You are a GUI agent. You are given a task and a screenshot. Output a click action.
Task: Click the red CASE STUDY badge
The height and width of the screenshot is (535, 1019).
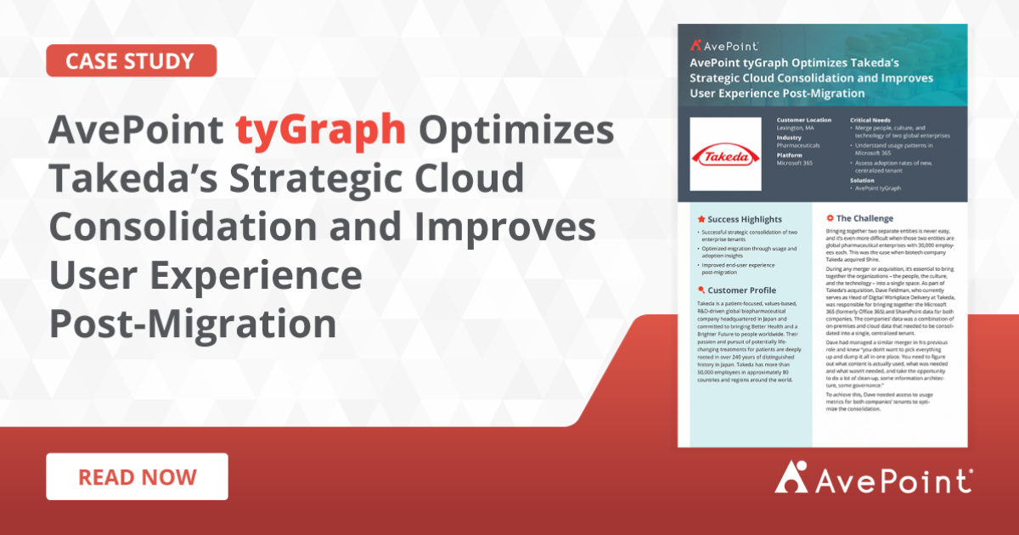(131, 61)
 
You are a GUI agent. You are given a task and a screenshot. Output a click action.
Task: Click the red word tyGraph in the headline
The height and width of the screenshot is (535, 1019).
(320, 130)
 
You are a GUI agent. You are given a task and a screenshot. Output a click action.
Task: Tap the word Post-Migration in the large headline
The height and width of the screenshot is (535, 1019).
(192, 324)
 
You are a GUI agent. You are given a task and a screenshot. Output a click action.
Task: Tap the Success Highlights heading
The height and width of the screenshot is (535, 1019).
(740, 219)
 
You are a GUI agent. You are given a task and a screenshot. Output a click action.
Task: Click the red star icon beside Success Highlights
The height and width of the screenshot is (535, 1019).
(701, 219)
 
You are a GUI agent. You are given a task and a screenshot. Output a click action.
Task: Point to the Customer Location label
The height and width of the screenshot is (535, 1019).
(804, 121)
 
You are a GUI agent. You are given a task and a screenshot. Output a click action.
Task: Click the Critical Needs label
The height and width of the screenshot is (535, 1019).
(874, 121)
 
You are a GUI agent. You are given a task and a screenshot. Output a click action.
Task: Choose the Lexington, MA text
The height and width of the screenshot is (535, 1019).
(797, 128)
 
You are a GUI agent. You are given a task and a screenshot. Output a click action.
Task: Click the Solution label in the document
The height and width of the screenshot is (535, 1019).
(864, 180)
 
